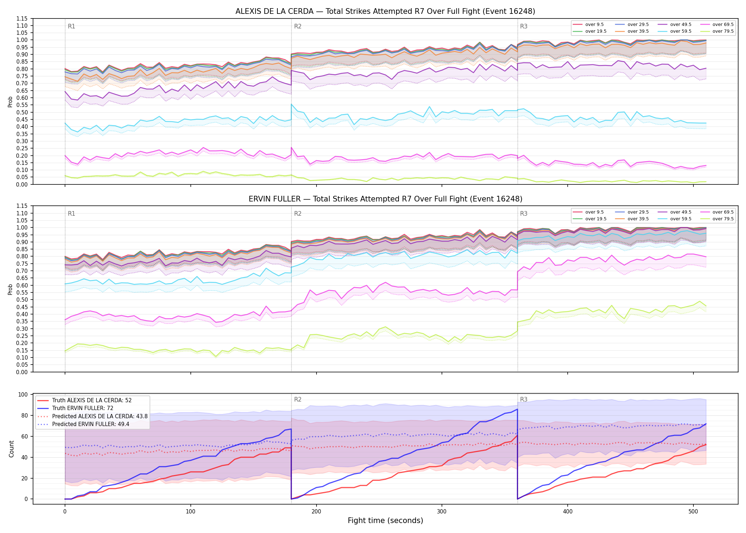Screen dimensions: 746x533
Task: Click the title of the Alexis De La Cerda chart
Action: (385, 11)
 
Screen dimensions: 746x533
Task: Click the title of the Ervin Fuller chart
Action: (385, 199)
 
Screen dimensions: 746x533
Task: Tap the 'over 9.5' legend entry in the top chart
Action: (588, 25)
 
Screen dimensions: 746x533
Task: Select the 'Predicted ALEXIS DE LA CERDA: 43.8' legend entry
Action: (92, 416)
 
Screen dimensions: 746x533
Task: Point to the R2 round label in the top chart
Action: (298, 26)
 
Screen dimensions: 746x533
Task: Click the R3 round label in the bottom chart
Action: (524, 399)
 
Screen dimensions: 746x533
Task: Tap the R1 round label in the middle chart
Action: (71, 214)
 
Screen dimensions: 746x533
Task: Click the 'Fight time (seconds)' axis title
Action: (385, 521)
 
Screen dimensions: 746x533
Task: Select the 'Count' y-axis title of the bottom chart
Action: (11, 449)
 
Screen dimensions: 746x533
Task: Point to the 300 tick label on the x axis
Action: (442, 512)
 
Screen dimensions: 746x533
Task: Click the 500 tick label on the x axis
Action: (693, 512)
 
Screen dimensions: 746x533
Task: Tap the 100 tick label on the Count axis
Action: (23, 394)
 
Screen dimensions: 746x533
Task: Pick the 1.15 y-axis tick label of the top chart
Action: (22, 18)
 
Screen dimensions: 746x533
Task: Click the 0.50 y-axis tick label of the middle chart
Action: (22, 300)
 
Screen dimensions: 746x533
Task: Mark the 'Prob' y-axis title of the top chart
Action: (10, 102)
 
